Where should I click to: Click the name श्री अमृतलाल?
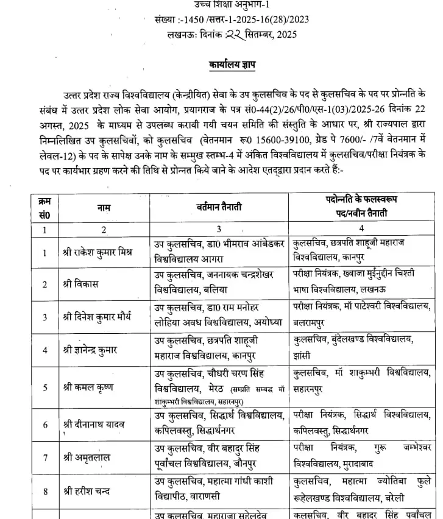[85, 457]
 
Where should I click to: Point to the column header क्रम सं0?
[43, 208]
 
